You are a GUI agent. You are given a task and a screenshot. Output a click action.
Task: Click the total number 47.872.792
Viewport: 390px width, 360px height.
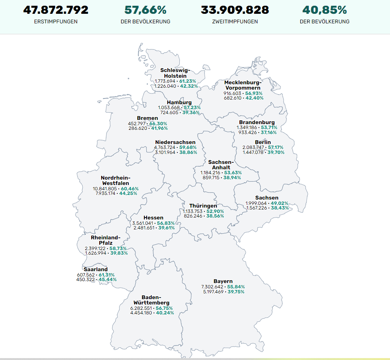56,10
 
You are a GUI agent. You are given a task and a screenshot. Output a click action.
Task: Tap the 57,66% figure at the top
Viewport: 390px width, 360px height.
145,10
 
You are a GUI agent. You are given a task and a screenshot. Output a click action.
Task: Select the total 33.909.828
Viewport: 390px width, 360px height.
235,10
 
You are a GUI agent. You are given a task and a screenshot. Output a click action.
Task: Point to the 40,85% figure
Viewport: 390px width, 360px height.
324,10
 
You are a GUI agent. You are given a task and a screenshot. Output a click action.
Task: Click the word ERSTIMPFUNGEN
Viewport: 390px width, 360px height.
56,22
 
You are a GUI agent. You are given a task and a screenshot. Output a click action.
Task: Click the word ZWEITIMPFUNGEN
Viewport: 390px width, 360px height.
235,22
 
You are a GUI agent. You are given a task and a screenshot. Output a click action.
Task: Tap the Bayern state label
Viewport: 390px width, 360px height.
223,281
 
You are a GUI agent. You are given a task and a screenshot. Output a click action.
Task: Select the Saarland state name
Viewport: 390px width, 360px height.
96,269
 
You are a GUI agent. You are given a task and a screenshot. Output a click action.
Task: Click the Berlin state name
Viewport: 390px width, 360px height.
263,142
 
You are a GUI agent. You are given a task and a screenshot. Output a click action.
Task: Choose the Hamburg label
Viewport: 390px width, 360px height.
179,102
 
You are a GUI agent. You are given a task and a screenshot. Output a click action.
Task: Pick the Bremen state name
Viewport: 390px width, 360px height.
147,118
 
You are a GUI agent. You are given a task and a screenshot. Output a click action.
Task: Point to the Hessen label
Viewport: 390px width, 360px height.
153,218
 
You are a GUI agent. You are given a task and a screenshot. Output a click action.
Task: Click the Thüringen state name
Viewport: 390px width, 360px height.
203,206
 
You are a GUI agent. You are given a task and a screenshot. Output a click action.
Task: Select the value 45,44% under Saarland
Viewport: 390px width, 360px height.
108,280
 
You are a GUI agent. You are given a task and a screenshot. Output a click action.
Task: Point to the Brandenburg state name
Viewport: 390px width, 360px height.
257,122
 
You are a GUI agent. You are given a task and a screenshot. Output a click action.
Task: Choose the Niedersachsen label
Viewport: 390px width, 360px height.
175,142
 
